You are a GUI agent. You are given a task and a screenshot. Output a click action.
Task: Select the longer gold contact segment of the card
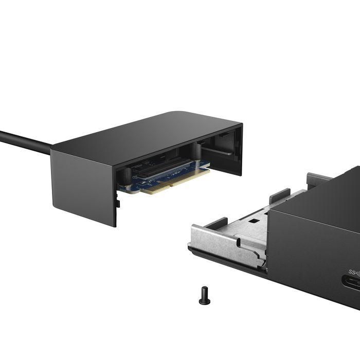pyautogui.click(x=185, y=176)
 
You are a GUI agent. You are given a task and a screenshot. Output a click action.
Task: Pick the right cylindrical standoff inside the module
pyautogui.click(x=196, y=151)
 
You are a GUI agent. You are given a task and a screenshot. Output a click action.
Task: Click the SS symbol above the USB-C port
pyautogui.click(x=354, y=271)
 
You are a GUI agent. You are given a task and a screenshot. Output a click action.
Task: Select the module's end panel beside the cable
pyautogui.click(x=82, y=185)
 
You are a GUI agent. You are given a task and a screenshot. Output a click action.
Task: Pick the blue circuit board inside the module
pyautogui.click(x=154, y=175)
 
